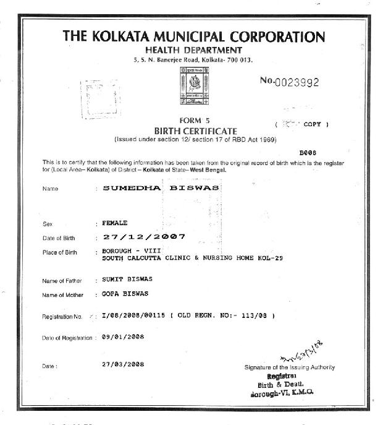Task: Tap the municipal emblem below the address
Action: click(x=195, y=87)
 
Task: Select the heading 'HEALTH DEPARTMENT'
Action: click(x=194, y=49)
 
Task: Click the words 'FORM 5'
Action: click(x=195, y=121)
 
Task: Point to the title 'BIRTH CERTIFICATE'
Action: click(x=195, y=131)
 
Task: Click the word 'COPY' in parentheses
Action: click(x=312, y=124)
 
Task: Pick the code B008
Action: click(x=307, y=152)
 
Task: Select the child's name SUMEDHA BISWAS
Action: click(x=161, y=188)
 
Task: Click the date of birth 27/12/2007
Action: click(x=143, y=237)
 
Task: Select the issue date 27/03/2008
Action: click(x=123, y=364)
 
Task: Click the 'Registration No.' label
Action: click(x=62, y=317)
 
